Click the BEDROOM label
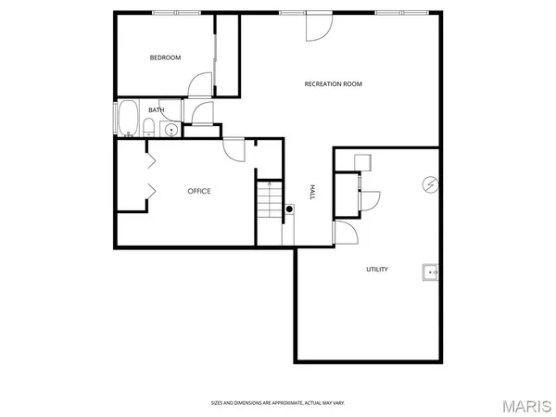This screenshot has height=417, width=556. point(165,57)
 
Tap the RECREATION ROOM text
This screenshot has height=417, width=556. point(333,84)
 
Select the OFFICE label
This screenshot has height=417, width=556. point(199,191)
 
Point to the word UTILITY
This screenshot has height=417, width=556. point(376,270)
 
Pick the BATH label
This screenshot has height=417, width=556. point(156,110)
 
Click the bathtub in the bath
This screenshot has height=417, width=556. point(127,119)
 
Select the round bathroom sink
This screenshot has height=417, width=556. point(171,129)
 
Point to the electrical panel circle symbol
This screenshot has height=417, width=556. point(429,184)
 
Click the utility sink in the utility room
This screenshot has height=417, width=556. point(431,272)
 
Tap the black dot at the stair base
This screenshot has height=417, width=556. point(289,209)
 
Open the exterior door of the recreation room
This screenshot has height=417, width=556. point(317,26)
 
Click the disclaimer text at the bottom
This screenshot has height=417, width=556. point(277,403)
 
